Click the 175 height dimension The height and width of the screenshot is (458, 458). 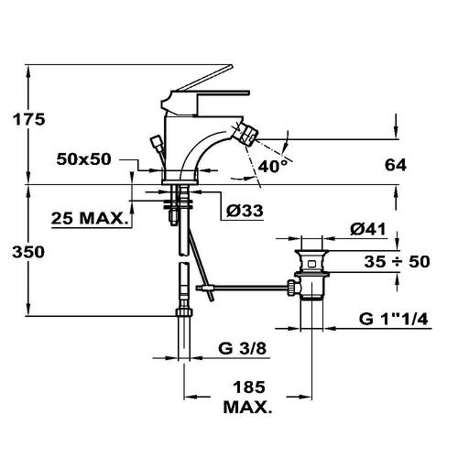coord(28,119)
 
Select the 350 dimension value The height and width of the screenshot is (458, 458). coord(28,252)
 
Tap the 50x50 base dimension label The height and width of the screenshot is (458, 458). coord(83,159)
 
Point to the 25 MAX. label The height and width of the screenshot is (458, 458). coord(89,218)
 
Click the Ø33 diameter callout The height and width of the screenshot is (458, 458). coord(245,211)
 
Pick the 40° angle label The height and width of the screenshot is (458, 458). coord(273,167)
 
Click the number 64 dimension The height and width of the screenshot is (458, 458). coord(396,165)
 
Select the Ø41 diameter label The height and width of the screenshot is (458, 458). coord(368,229)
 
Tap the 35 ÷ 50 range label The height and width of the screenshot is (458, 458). coord(397,262)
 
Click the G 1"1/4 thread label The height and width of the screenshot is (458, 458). coord(394,320)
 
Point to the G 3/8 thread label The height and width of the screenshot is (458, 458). coord(243,348)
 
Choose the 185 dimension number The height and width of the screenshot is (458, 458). coord(249,387)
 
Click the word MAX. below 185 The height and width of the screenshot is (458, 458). coord(247,407)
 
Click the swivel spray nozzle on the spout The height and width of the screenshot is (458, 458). coord(247,135)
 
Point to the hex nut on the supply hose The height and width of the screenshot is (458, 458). coord(184,312)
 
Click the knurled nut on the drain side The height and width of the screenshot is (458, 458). coord(291,288)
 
